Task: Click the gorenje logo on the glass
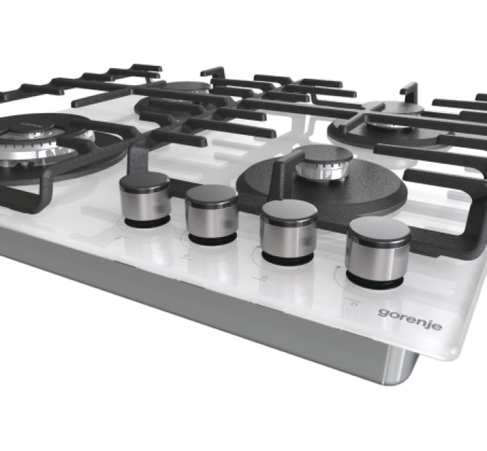[x=410, y=319]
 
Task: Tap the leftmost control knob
[x=145, y=200]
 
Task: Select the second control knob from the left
[x=213, y=214]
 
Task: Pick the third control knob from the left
[x=288, y=232]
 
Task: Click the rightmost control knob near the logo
[x=377, y=252]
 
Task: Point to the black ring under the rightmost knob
[x=375, y=280]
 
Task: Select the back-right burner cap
[x=392, y=107]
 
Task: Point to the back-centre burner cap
[x=185, y=86]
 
